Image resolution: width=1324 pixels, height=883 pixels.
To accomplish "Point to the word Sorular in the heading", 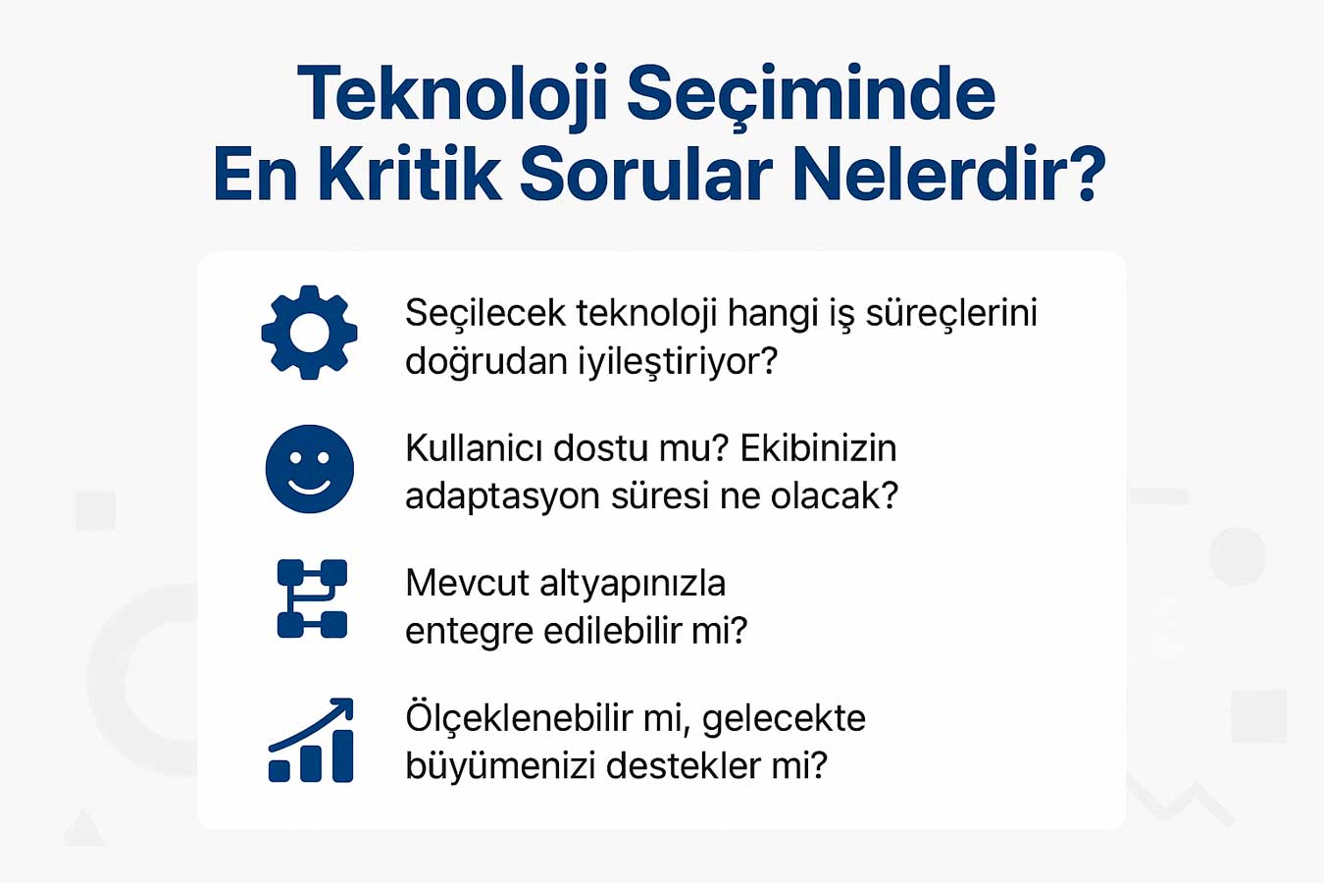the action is (x=646, y=174).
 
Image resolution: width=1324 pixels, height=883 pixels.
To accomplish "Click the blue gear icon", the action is (x=309, y=333).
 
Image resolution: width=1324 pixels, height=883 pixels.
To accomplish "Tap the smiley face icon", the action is (x=310, y=468).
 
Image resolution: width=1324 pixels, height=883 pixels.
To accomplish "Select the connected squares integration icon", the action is (x=312, y=598).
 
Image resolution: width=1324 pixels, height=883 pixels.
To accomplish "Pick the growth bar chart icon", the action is (x=311, y=740).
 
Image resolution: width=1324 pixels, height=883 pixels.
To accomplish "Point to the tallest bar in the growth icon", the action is (x=343, y=755).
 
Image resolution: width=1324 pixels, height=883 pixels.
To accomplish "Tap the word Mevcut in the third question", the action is (x=467, y=585).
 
